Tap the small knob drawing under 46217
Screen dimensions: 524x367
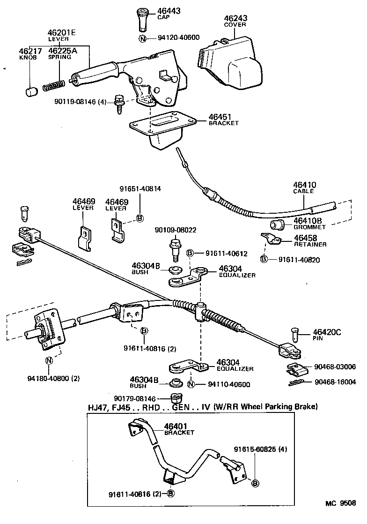31,90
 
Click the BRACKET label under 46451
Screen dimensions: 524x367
224,123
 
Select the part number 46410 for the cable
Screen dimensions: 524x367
304,185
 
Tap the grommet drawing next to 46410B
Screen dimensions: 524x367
278,225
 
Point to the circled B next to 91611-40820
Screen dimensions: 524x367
264,259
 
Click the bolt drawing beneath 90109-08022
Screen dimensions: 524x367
174,248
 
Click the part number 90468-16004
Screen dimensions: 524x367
336,382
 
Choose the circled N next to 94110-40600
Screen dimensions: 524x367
191,385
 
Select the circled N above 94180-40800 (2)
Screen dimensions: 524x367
49,360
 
